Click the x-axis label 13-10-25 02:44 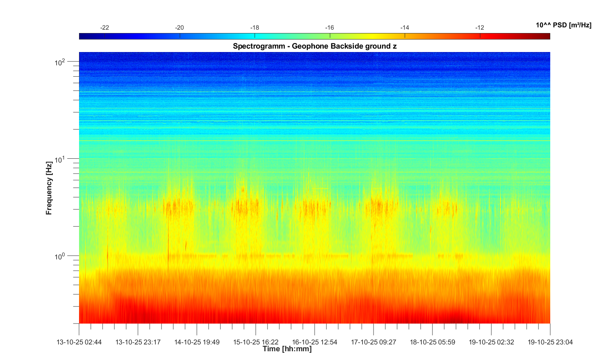point(79,342)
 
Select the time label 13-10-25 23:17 point(138,342)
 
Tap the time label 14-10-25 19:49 point(197,342)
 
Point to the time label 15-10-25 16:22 point(256,342)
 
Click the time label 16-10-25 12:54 point(315,342)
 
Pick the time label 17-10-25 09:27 point(374,342)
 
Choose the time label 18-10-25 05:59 point(432,342)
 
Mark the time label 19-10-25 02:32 point(491,342)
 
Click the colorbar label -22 point(104,28)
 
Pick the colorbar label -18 point(255,28)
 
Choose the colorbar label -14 point(405,28)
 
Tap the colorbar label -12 point(480,28)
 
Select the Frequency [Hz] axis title point(49,188)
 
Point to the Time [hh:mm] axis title point(287,349)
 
